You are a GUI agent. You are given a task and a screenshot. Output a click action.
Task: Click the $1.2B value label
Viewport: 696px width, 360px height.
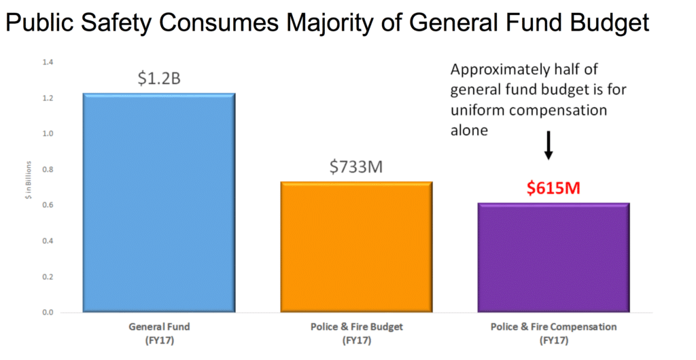[x=158, y=79]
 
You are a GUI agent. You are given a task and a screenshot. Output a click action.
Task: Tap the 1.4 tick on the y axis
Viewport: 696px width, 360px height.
[x=47, y=62]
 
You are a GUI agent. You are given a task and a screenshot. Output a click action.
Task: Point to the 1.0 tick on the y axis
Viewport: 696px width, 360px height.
[x=47, y=134]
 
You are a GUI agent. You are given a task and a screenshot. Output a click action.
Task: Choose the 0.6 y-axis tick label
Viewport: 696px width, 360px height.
[x=47, y=205]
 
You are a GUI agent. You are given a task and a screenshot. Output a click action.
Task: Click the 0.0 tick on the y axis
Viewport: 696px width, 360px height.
[x=47, y=312]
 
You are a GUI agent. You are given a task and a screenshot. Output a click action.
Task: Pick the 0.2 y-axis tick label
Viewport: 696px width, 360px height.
[x=47, y=276]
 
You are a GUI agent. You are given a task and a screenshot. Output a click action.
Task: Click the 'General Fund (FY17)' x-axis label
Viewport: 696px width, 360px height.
[x=159, y=332]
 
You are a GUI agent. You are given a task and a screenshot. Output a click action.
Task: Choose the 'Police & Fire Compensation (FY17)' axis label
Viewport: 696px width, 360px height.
[x=553, y=332]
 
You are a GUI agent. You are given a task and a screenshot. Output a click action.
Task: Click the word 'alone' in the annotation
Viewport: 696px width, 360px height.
[x=469, y=130]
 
